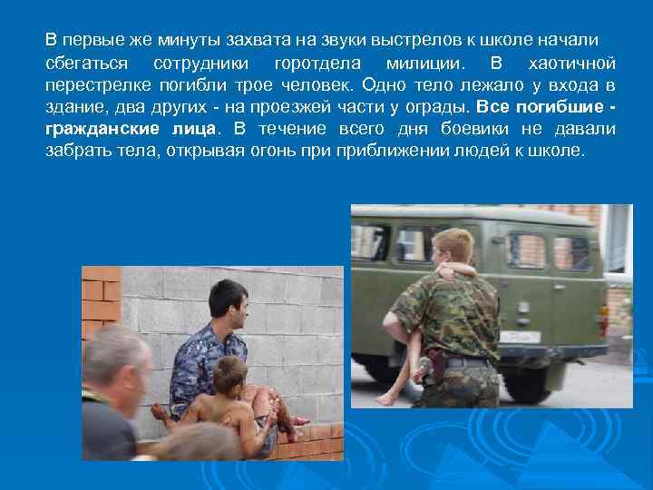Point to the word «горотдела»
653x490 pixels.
[317, 64]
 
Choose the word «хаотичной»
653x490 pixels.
[571, 64]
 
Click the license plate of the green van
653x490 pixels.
[521, 337]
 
